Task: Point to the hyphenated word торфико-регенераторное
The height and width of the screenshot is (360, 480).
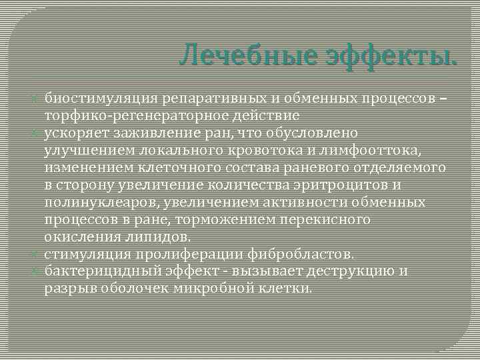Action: (x=133, y=115)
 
